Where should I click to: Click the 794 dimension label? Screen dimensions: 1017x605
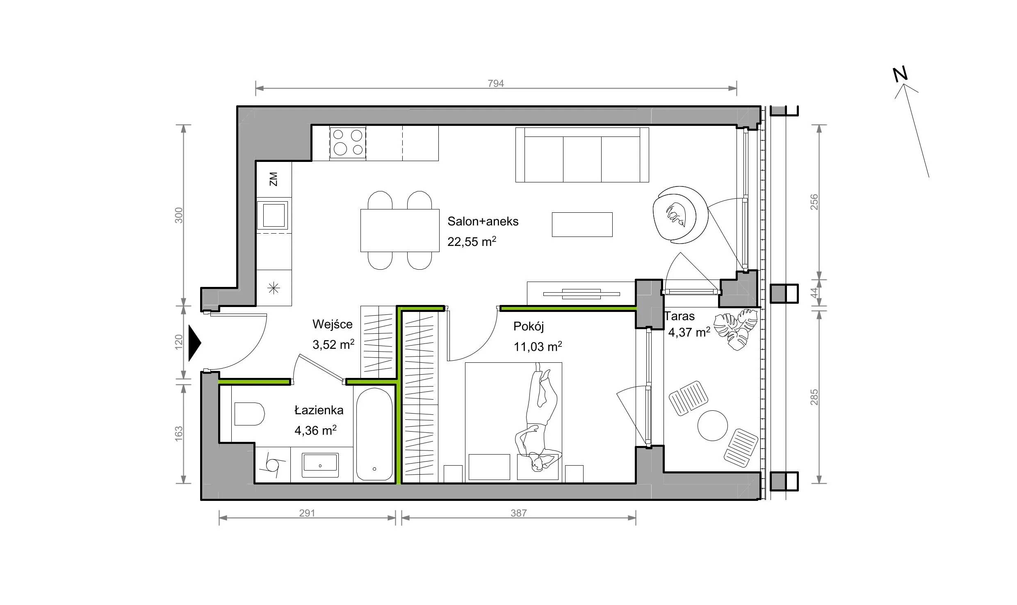[495, 84]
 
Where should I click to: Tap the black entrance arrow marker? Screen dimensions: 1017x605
[195, 343]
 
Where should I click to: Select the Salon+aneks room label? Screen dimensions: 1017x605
[483, 221]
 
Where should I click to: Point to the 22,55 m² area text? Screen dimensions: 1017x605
[472, 241]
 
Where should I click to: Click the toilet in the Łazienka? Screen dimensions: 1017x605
[249, 414]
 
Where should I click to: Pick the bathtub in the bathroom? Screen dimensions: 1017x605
[374, 434]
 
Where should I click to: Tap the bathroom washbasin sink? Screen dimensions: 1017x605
[320, 465]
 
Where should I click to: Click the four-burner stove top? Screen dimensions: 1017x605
[348, 143]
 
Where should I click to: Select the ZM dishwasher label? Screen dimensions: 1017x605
[274, 179]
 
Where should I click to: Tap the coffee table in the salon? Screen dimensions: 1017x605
[582, 225]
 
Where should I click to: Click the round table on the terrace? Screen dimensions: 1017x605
[713, 425]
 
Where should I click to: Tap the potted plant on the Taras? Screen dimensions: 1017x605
[736, 330]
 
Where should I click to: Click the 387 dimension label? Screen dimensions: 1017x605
[518, 513]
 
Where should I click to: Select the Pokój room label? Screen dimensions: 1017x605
[529, 327]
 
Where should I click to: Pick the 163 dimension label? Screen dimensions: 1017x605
[179, 434]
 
